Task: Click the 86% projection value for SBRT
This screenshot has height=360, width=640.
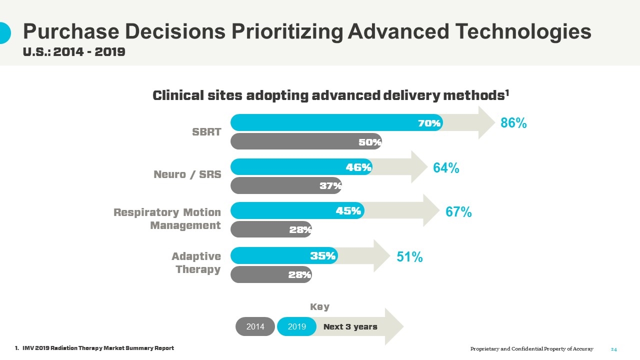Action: (x=513, y=123)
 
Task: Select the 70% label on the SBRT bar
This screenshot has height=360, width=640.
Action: (x=429, y=123)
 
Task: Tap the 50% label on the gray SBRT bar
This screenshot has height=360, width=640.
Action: (x=370, y=142)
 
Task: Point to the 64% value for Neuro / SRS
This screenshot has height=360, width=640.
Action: (x=446, y=168)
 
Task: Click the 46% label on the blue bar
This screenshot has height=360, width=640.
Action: (x=358, y=167)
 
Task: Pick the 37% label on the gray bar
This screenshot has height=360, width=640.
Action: (x=330, y=186)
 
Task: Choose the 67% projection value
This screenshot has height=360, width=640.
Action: (x=458, y=212)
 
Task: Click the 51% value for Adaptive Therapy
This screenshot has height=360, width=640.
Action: (x=409, y=257)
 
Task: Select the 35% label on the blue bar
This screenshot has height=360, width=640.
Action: (x=322, y=256)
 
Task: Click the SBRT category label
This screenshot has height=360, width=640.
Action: (x=206, y=132)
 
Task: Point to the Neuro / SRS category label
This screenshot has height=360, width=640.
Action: (x=187, y=174)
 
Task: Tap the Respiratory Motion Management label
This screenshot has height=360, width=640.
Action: (x=167, y=219)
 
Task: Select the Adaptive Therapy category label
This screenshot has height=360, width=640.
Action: (x=196, y=263)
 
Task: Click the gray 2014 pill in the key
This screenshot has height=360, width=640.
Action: (x=255, y=327)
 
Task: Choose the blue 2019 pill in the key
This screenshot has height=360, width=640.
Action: (x=297, y=327)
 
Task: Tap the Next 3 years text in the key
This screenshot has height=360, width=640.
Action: (x=350, y=327)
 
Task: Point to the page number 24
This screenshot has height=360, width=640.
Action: (x=614, y=349)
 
